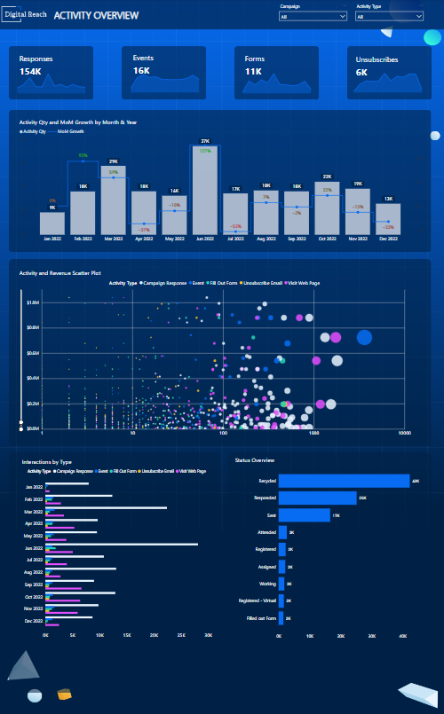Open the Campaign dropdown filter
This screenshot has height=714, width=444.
pos(313,16)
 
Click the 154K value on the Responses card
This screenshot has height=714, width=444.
pos(29,71)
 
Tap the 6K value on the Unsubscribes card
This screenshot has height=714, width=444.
pos(361,73)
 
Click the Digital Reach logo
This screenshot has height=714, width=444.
pos(25,15)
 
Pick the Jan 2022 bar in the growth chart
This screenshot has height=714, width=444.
pos(52,224)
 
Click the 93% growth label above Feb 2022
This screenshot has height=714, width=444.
pos(83,156)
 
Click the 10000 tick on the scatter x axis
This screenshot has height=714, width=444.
pos(404,434)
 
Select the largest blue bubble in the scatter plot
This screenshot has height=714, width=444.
pos(364,337)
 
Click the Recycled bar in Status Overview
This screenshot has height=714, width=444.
pos(344,481)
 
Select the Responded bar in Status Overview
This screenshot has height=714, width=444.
pos(317,498)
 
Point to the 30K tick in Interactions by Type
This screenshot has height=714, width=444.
pos(208,635)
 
